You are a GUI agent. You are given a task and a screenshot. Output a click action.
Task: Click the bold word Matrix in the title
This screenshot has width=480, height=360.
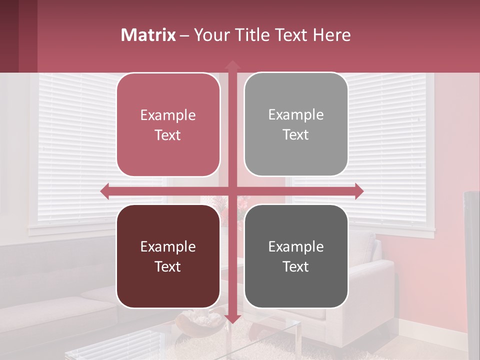tap(148, 35)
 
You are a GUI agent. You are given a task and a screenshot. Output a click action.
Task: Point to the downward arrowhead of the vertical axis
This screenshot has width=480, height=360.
tap(232, 318)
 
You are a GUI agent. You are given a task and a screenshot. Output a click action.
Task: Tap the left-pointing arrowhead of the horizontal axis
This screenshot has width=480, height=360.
tap(105, 191)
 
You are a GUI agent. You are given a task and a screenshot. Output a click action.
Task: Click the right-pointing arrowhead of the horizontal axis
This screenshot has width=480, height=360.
tap(359, 191)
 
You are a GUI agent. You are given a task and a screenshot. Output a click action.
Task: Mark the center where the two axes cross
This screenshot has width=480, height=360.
tap(232, 191)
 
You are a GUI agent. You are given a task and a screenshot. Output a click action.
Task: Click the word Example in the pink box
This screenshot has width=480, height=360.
tap(168, 115)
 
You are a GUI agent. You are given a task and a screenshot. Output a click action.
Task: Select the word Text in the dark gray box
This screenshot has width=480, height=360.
tap(296, 266)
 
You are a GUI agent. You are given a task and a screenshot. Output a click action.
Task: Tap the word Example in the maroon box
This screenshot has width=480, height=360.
tap(168, 246)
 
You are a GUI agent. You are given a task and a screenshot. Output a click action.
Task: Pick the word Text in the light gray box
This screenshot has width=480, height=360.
tap(296, 135)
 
